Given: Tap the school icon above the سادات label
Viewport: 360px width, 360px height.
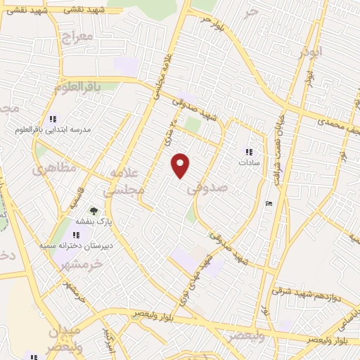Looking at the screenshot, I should click(248, 151).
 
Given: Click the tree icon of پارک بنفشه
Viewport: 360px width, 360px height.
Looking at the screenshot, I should click(93, 210).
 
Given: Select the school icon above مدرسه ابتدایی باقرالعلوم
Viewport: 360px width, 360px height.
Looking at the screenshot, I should click(53, 119).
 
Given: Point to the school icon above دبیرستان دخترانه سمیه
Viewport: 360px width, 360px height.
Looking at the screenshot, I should click(76, 235).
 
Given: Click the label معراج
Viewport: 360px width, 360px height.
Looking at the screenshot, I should click(77, 36).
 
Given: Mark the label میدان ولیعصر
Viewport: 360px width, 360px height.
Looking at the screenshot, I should click(65, 339).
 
